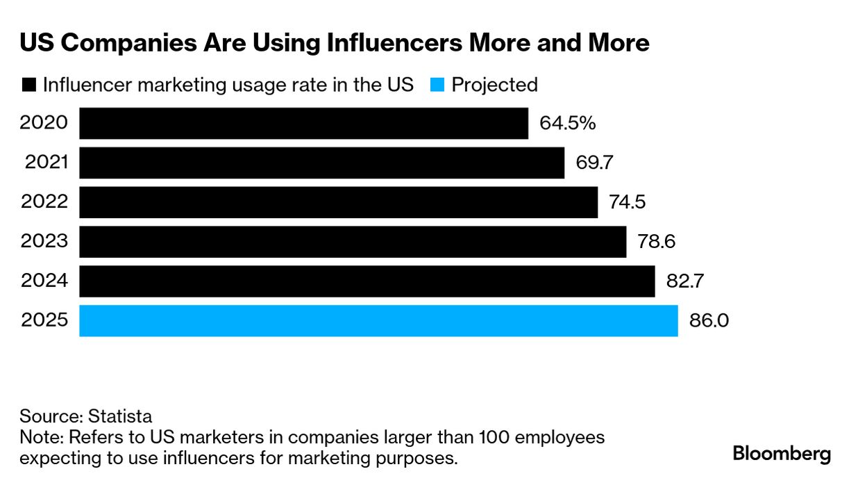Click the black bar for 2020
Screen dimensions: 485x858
[x=303, y=124]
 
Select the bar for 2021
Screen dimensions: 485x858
[x=321, y=163]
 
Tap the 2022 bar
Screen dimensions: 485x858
[x=338, y=202]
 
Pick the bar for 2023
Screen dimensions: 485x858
[x=353, y=242]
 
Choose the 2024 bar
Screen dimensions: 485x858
[x=367, y=281]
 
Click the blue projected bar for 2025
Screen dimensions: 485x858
[x=378, y=321]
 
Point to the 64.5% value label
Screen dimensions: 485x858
[x=567, y=124]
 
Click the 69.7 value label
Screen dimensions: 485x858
[x=595, y=163]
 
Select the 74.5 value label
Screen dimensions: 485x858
[x=627, y=202]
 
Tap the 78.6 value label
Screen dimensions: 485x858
[x=656, y=242]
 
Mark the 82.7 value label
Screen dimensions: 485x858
[x=684, y=281]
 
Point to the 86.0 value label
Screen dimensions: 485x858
[x=709, y=321]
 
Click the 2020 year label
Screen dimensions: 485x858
[x=44, y=124]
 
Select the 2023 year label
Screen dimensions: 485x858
[x=44, y=242]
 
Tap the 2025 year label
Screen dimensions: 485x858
[x=44, y=321]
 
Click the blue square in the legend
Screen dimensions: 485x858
[x=437, y=85]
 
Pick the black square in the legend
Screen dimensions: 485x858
[x=29, y=85]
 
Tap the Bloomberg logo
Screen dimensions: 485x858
[x=782, y=455]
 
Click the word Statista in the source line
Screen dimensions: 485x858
[x=120, y=417]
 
